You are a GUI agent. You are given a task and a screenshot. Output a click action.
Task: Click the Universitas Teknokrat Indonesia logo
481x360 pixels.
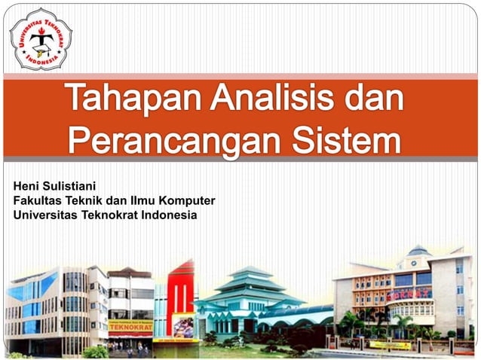pyautogui.click(x=41, y=38)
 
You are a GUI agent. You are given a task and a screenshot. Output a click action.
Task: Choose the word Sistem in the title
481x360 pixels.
pyautogui.click(x=346, y=139)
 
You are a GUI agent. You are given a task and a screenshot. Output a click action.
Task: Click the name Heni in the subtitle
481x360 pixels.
pyautogui.click(x=28, y=185)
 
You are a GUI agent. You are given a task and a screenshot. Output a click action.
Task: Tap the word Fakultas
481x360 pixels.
pyautogui.click(x=38, y=200)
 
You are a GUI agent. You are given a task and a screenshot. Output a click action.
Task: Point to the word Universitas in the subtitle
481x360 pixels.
pyautogui.click(x=44, y=215)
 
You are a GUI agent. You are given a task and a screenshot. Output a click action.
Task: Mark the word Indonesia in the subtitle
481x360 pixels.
pyautogui.click(x=170, y=215)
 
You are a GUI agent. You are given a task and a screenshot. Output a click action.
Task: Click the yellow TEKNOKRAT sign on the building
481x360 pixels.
pyautogui.click(x=130, y=328)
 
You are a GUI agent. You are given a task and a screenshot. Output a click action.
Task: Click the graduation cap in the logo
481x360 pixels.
pyautogui.click(x=41, y=32)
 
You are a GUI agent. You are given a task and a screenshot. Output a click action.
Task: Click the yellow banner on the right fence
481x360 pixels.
pyautogui.click(x=390, y=345)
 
